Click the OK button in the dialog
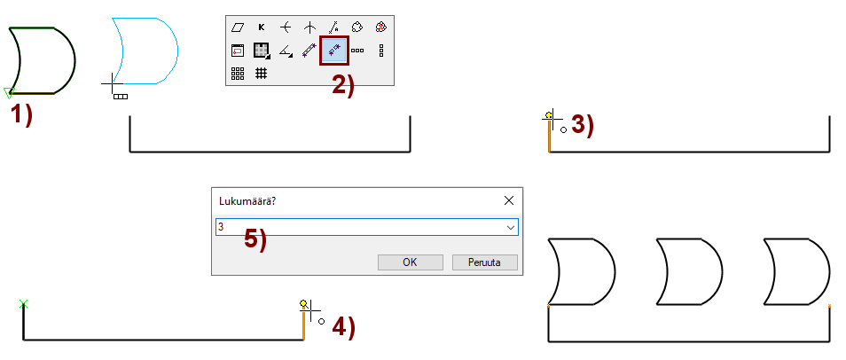[410, 262]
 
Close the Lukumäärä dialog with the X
[508, 200]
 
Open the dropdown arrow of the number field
[511, 227]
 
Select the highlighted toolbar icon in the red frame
[334, 51]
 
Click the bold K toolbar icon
[262, 27]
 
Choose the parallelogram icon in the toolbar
[238, 27]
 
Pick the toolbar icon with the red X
[381, 27]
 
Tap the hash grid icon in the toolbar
[261, 73]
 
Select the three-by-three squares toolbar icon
[238, 74]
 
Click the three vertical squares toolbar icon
[381, 51]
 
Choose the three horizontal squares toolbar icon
[357, 51]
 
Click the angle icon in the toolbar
[286, 51]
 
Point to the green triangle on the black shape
[9, 93]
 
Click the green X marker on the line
[23, 304]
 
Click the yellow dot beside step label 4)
[303, 303]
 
